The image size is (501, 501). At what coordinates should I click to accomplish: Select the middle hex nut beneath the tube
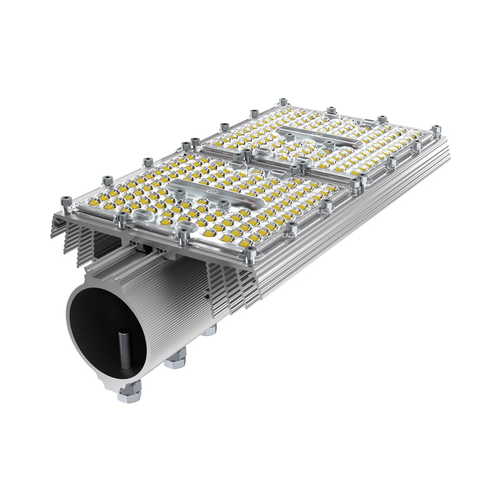[175, 359]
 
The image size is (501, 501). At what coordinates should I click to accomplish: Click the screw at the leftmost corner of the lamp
[66, 202]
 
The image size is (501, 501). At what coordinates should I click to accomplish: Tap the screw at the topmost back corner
[283, 102]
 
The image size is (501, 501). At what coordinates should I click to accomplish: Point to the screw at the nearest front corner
[250, 256]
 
